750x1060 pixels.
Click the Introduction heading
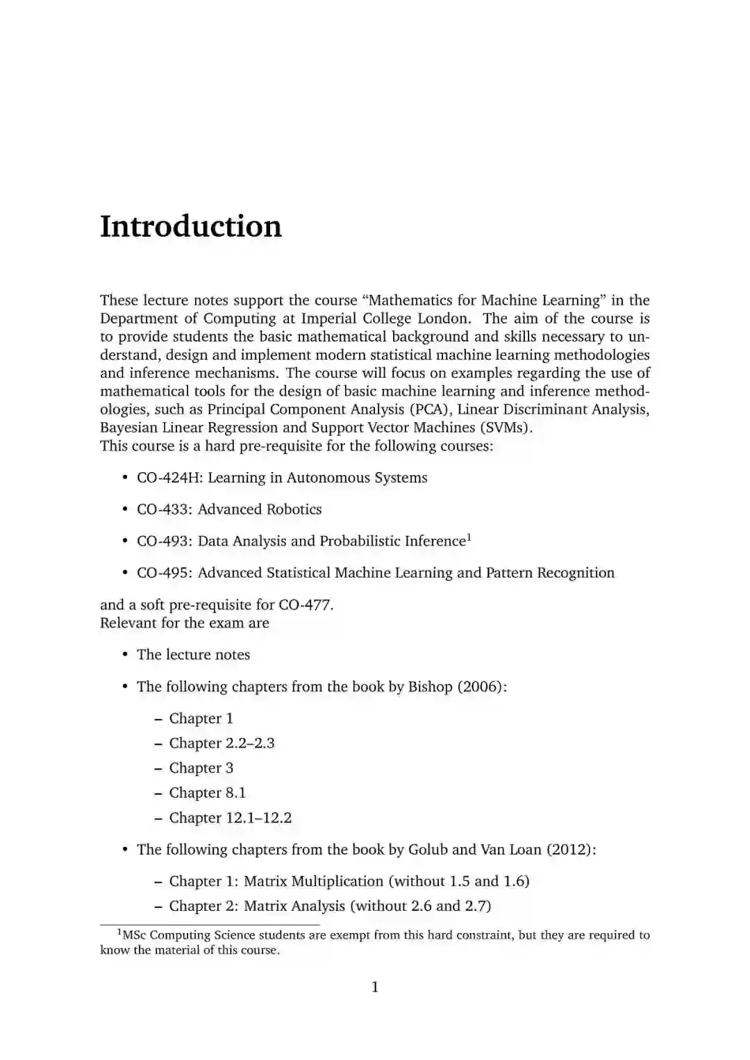[191, 226]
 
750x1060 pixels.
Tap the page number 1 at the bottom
[375, 987]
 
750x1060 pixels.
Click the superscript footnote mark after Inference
[469, 537]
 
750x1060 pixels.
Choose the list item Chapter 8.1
[207, 793]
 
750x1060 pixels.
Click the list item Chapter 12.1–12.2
[230, 818]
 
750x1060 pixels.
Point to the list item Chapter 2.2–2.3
[222, 743]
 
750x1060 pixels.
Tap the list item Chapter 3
[201, 768]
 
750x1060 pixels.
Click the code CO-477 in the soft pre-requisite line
[305, 605]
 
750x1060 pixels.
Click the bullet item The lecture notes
[193, 655]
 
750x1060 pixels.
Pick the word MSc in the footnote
[135, 935]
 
